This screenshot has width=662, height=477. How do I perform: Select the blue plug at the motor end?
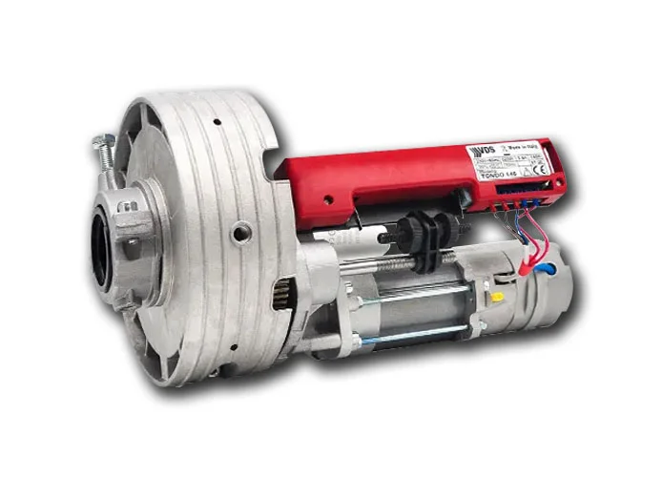547,271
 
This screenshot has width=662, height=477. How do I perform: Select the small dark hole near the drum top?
217,122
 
